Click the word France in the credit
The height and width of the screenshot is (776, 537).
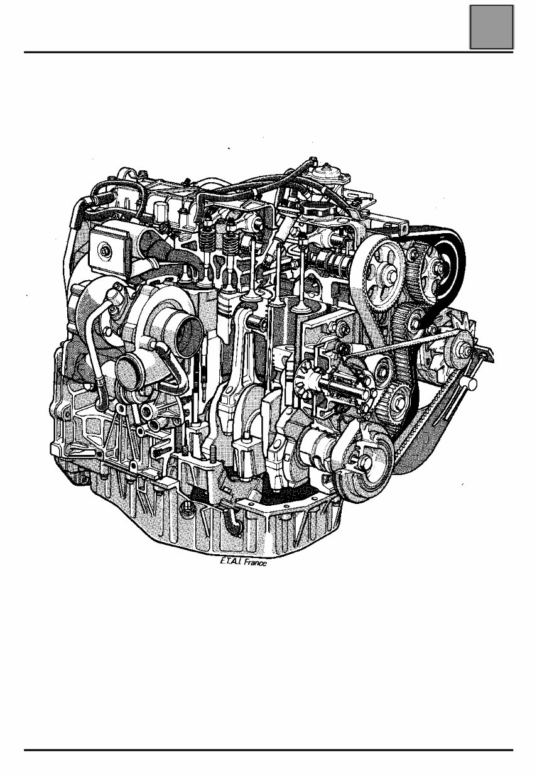[255, 564]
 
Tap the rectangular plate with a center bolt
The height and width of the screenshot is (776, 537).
[108, 251]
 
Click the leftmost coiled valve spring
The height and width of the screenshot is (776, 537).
[207, 239]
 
